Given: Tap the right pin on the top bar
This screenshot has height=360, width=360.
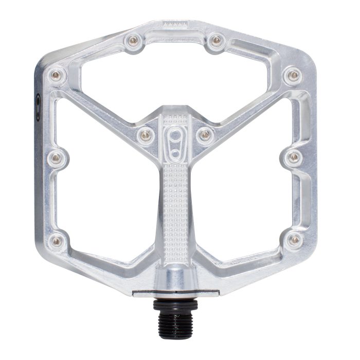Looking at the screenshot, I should [216, 40].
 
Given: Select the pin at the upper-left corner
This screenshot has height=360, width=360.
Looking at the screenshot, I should [56, 76].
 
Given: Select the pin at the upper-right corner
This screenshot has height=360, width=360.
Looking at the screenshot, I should [294, 76].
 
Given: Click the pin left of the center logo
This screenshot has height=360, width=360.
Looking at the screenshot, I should [146, 134].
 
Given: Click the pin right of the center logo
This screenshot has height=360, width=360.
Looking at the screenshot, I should [205, 134].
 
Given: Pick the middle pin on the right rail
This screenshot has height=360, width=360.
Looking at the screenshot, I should [294, 157].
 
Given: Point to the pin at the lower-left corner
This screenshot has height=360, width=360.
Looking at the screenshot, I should [56, 240].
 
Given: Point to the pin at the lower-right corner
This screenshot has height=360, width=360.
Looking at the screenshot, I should [294, 240].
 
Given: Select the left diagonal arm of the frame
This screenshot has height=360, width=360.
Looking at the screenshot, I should [103, 108].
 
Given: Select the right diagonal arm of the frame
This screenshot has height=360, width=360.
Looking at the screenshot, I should [247, 108].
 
